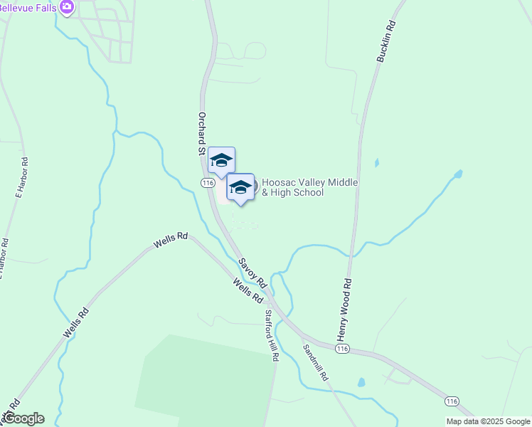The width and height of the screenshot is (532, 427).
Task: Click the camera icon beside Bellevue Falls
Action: [66, 7]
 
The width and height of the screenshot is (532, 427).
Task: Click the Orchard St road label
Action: [202, 133]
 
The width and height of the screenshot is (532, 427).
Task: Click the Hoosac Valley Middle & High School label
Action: [309, 188]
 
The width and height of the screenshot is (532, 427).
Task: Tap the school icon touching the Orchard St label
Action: [221, 161]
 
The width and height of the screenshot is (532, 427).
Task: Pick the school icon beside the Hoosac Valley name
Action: [240, 187]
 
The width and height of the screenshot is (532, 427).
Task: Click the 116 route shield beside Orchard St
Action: [208, 183]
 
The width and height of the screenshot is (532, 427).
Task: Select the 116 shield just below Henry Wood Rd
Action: [343, 349]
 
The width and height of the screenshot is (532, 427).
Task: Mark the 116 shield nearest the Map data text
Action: [451, 401]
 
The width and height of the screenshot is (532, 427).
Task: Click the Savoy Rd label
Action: [252, 273]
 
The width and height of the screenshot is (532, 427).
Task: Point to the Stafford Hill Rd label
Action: [270, 335]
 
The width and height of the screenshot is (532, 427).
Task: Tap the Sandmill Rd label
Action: [314, 362]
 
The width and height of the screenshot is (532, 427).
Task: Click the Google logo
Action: [23, 418]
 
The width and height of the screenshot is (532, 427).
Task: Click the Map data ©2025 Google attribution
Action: [488, 421]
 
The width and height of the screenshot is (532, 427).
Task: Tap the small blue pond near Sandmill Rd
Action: [361, 382]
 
